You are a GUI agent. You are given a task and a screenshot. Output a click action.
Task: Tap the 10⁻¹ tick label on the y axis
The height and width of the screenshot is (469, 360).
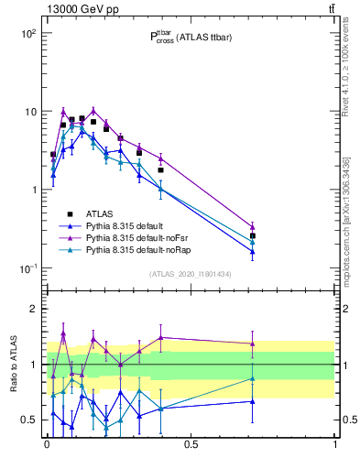27,268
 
